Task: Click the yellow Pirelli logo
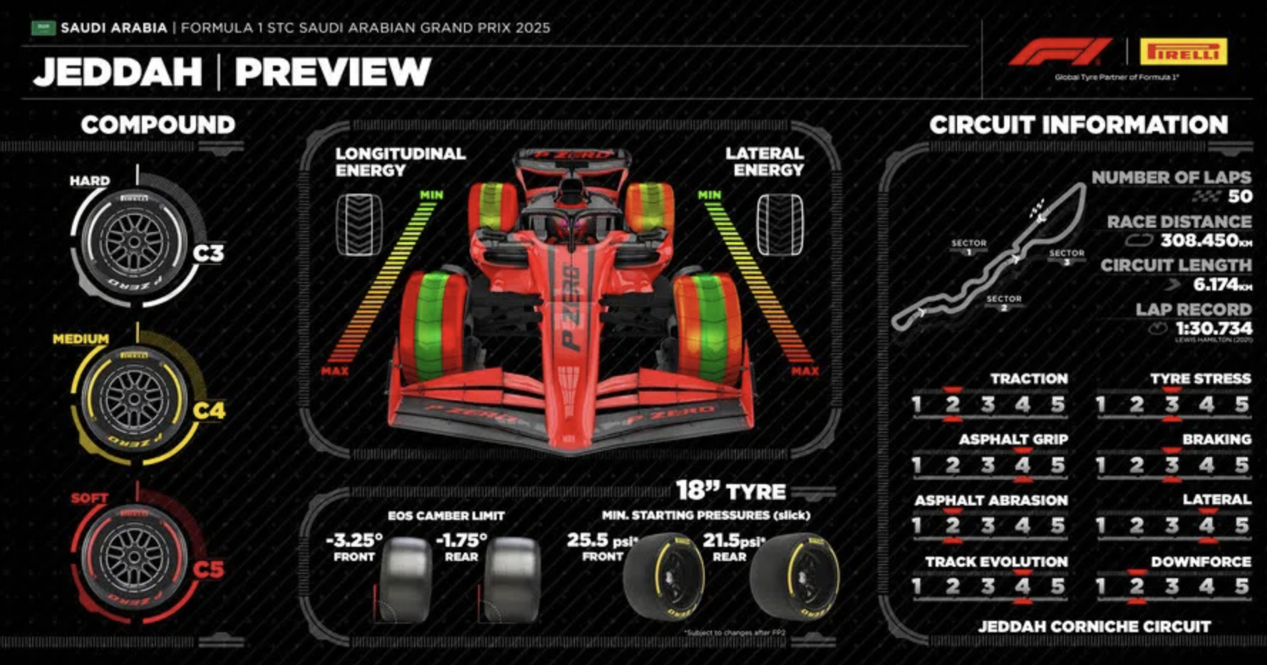click(x=1183, y=53)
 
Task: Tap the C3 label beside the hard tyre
click(x=208, y=253)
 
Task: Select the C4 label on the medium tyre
click(x=208, y=411)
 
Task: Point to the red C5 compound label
click(x=208, y=570)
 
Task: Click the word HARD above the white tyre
click(x=90, y=181)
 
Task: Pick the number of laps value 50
click(x=1240, y=197)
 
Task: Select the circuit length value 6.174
click(x=1217, y=285)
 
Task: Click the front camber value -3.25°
click(x=354, y=540)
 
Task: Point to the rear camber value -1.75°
click(x=461, y=540)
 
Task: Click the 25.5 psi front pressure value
click(x=588, y=540)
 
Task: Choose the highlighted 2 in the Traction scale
click(x=952, y=405)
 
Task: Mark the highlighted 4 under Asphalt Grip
click(x=1023, y=466)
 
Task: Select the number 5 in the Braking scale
click(x=1241, y=466)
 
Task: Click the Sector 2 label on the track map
click(x=1004, y=302)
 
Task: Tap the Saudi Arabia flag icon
click(x=43, y=28)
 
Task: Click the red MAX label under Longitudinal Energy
click(x=334, y=371)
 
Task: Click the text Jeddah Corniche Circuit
click(x=1094, y=627)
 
